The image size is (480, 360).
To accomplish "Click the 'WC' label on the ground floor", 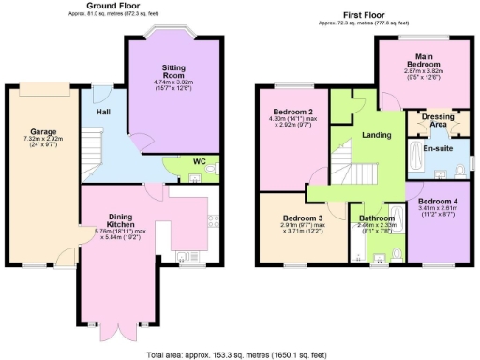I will pyautogui.click(x=199, y=161).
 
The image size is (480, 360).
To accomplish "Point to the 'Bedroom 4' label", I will pyautogui.click(x=437, y=202).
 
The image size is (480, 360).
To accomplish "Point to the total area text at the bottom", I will pyautogui.click(x=239, y=354).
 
